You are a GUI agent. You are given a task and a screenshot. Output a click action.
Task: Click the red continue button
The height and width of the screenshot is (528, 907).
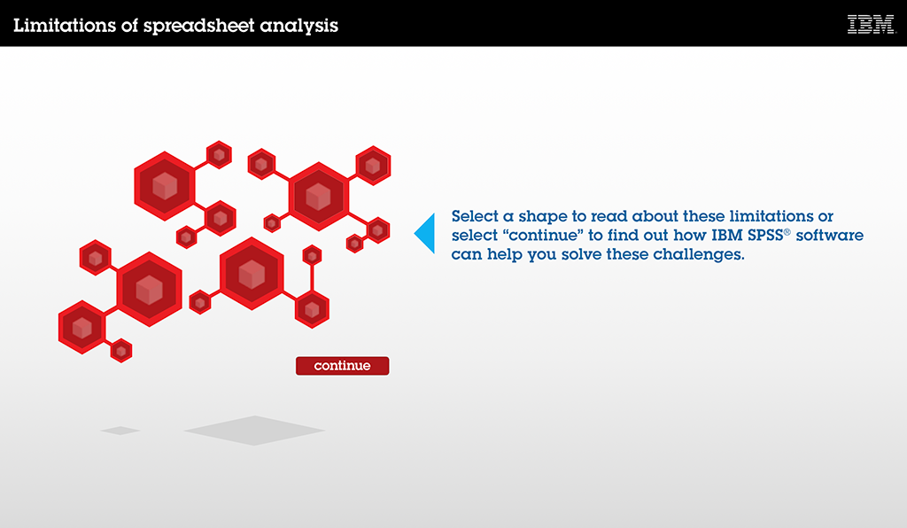(x=343, y=366)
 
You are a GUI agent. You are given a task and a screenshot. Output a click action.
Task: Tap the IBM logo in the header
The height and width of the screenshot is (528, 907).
(x=872, y=24)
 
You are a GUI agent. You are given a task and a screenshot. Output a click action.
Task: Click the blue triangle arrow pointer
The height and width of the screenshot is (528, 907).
(x=424, y=233)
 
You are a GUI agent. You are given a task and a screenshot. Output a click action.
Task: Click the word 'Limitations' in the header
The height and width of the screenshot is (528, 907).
(x=65, y=26)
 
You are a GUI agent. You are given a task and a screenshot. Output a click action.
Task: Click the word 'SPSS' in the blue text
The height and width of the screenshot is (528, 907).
(x=765, y=235)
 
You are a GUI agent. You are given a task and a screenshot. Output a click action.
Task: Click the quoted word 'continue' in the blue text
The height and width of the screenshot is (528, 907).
(x=543, y=235)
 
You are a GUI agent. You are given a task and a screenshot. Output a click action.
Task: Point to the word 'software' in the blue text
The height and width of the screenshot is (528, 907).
(x=829, y=235)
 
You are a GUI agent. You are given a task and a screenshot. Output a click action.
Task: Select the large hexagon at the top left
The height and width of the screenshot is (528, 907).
(x=165, y=186)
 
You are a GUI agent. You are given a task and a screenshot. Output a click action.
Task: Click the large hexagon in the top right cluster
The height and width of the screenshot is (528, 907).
(x=319, y=197)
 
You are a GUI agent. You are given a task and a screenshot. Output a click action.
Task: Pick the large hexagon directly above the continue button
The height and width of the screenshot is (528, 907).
(x=252, y=274)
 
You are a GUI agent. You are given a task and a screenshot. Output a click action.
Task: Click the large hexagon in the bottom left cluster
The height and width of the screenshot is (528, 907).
(x=149, y=289)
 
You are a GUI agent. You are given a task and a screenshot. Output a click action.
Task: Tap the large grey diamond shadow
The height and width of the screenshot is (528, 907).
(x=254, y=431)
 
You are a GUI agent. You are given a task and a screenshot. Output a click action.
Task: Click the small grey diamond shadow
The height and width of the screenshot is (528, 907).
(x=120, y=431)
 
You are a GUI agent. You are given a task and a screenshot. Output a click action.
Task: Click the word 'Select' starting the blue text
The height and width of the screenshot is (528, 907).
(x=475, y=216)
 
